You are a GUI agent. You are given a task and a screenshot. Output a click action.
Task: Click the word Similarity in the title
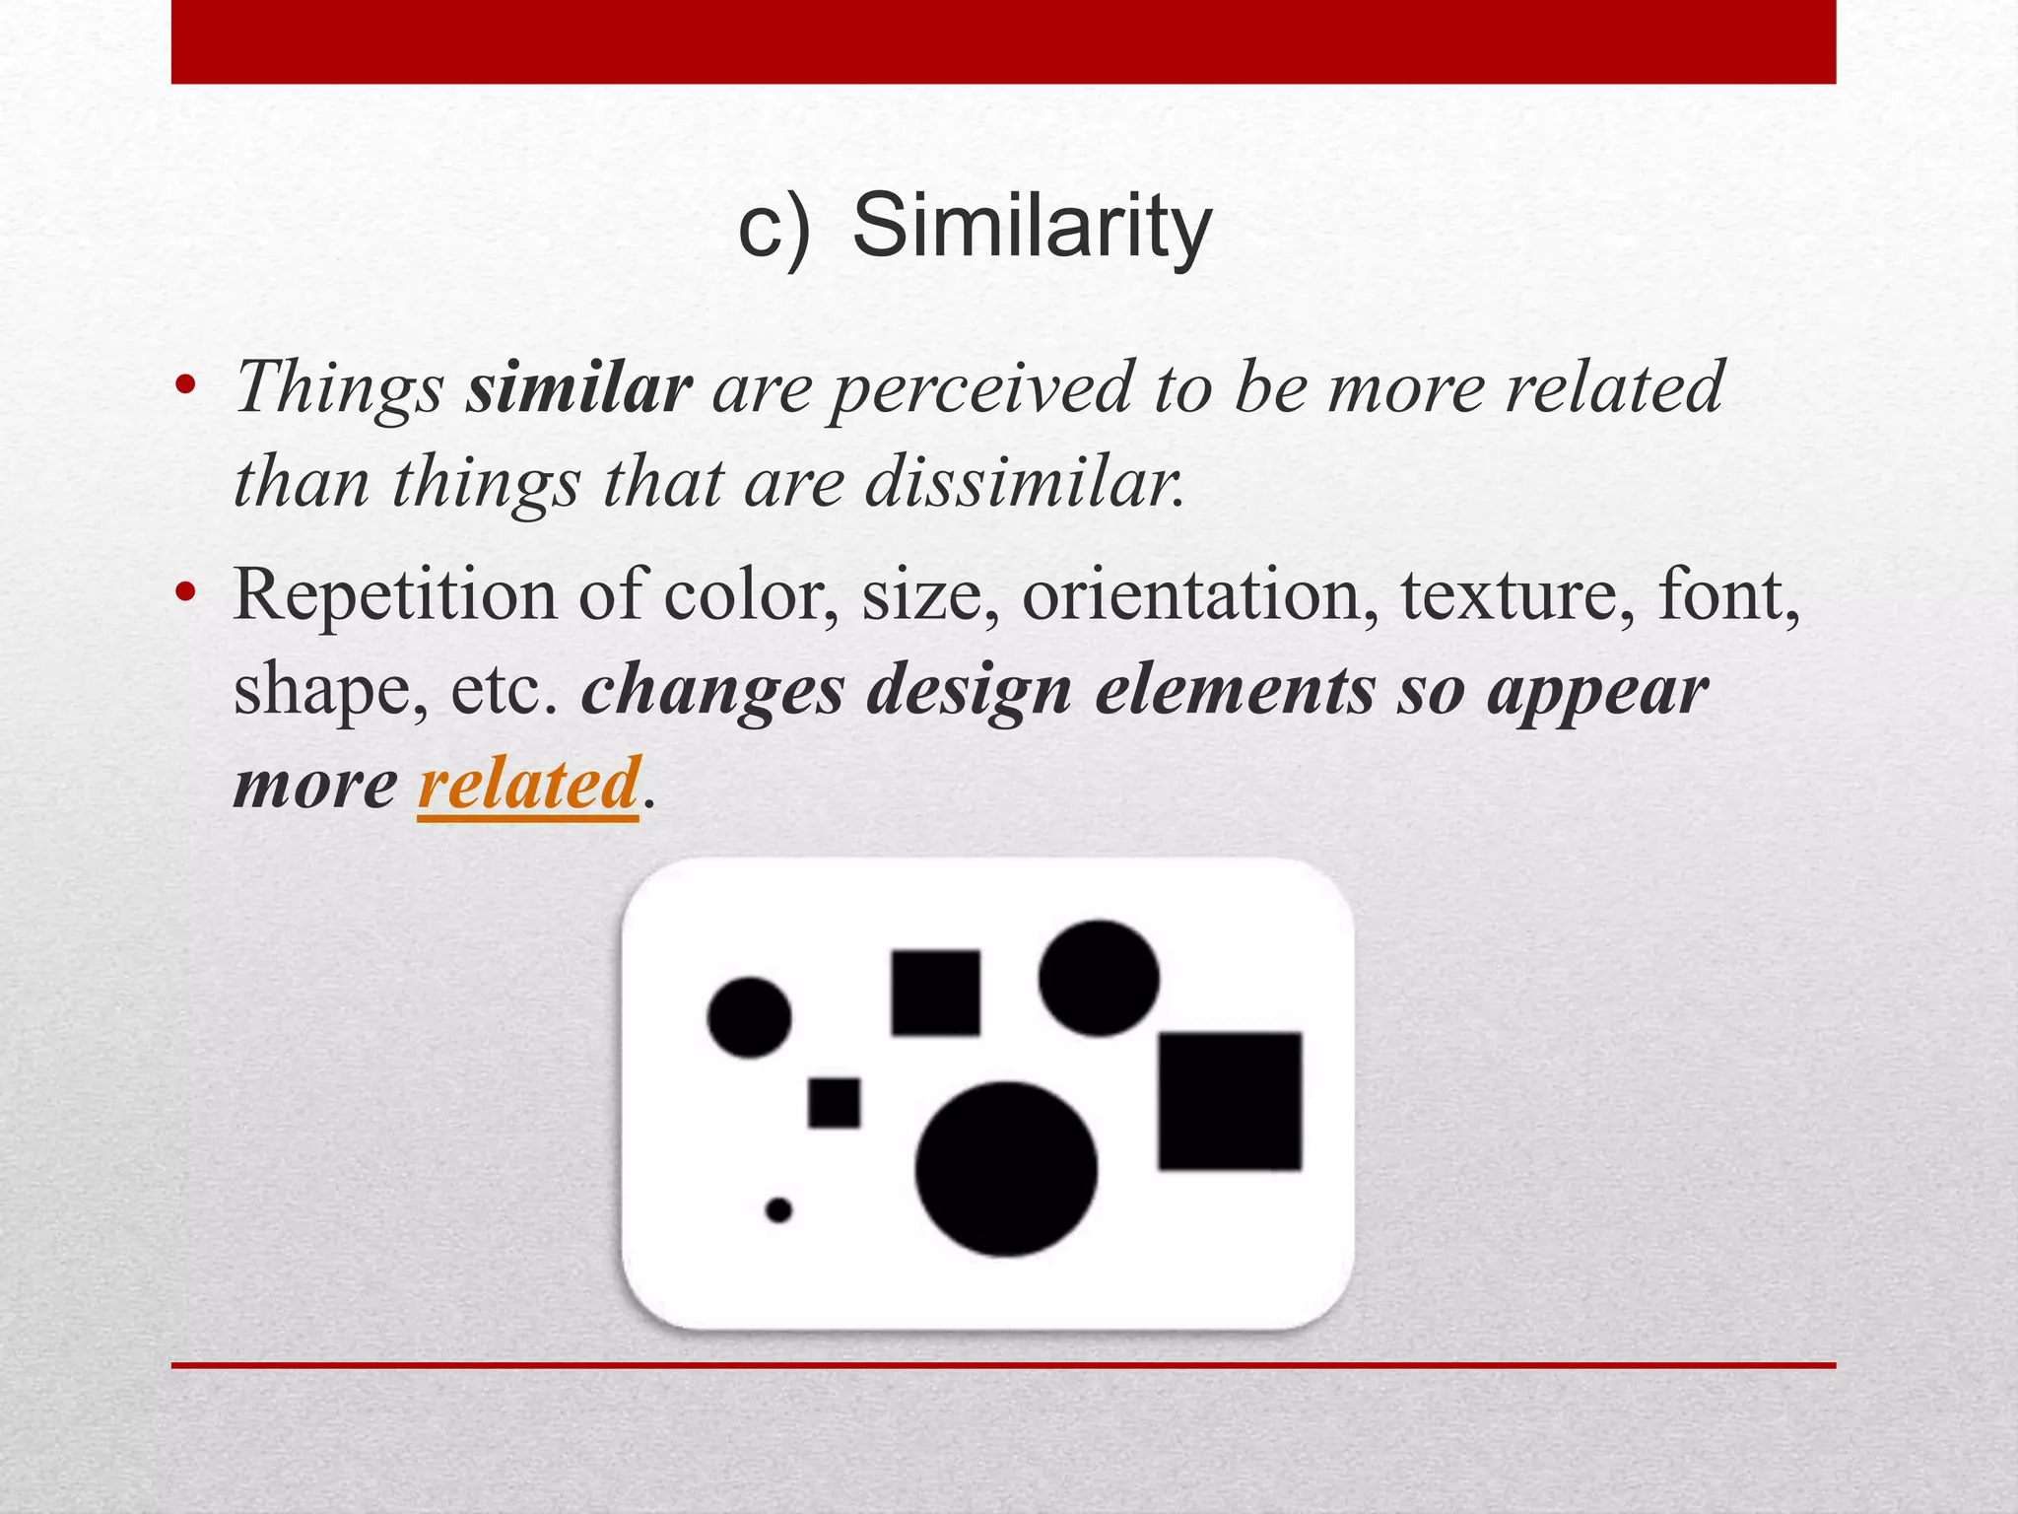pos(1031,228)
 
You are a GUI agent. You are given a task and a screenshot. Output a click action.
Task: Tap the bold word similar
pos(579,388)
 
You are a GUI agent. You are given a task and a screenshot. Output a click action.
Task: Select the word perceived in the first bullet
pos(981,388)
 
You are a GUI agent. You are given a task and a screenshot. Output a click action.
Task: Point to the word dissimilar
pos(1025,484)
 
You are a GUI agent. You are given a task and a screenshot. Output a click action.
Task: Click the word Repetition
pos(394,596)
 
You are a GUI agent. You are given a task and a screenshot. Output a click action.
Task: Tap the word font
pos(1726,596)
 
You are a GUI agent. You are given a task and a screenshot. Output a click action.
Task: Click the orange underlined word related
pos(529,784)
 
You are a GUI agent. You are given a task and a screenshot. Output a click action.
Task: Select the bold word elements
pos(1235,691)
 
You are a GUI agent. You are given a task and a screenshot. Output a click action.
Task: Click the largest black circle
pos(1006,1169)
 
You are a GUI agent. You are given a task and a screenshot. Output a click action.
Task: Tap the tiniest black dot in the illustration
pos(778,1209)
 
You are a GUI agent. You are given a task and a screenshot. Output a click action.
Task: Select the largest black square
pos(1230,1101)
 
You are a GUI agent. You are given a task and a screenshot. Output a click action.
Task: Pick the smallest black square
pos(834,1102)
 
